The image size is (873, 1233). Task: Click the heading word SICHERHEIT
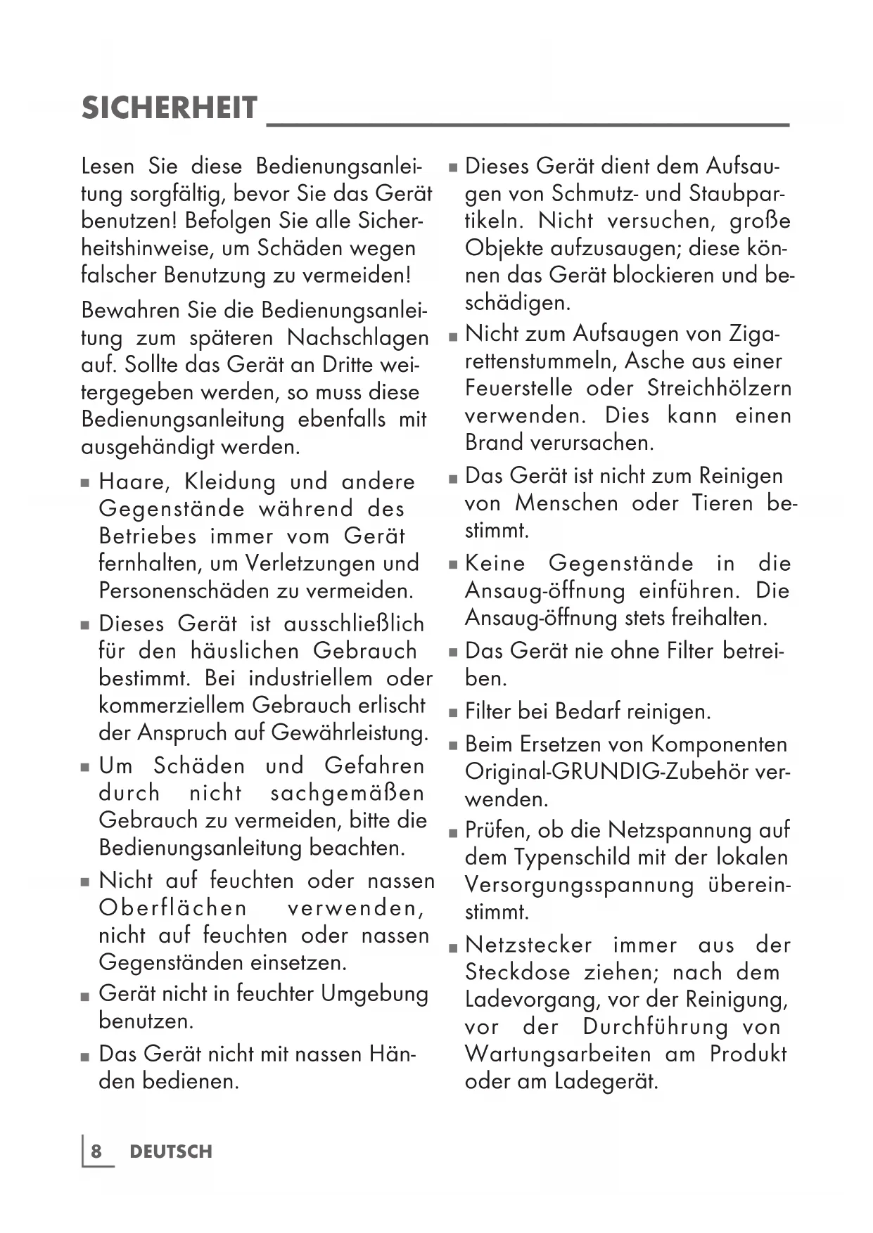click(170, 109)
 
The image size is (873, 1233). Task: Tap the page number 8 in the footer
click(96, 1151)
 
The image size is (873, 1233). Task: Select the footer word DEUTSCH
click(171, 1151)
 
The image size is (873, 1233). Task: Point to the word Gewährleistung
click(350, 733)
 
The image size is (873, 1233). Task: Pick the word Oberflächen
click(173, 908)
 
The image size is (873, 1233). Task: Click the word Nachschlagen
click(358, 338)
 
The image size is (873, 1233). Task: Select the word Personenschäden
click(184, 590)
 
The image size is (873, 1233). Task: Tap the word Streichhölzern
click(719, 389)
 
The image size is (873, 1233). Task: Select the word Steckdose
click(517, 973)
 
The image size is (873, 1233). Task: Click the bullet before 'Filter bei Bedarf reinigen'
click(453, 714)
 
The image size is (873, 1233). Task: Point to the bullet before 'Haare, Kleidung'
click(85, 484)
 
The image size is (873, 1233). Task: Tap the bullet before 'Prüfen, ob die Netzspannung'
click(453, 832)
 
